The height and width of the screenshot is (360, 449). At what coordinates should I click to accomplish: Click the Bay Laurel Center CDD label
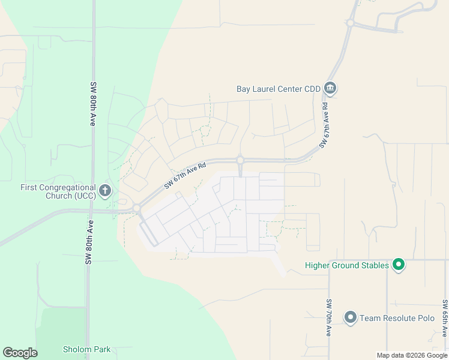[x=279, y=89]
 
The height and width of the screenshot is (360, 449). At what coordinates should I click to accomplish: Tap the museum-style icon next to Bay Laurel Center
[x=330, y=89]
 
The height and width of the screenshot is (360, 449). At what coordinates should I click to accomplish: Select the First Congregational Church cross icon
[x=105, y=191]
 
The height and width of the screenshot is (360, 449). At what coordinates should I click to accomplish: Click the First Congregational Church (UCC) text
[x=58, y=191]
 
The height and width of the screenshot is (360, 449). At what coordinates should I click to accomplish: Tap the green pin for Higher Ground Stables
[x=398, y=264]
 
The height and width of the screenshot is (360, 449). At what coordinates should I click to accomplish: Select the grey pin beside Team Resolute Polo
[x=351, y=317]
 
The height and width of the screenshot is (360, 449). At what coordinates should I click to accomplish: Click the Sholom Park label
[x=86, y=349]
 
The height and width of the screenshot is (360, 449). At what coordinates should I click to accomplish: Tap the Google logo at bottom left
[x=20, y=353]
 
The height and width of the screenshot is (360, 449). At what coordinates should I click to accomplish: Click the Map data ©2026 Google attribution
[x=412, y=355]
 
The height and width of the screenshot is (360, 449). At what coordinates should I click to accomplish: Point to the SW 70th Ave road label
[x=329, y=317]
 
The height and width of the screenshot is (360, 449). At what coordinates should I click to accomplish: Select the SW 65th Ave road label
[x=445, y=318]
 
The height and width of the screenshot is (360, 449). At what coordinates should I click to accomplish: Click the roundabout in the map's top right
[x=349, y=23]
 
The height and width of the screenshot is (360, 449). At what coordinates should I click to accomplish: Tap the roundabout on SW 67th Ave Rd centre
[x=240, y=160]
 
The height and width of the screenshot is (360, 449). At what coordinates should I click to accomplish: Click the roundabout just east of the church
[x=137, y=208]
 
